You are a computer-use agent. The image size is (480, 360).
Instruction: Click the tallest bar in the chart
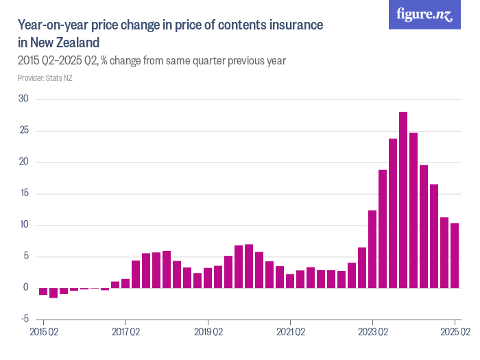(403, 200)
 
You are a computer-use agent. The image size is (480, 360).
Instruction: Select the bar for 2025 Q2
(455, 255)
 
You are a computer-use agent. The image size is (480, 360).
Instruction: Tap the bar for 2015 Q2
(43, 291)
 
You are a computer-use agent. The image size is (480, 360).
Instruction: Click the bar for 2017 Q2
(125, 283)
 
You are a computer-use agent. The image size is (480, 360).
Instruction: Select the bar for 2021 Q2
(290, 280)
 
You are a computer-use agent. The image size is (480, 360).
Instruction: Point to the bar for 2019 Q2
(208, 278)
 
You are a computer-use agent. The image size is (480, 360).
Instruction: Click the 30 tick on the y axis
(23, 99)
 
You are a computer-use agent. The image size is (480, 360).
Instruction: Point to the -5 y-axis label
(23, 319)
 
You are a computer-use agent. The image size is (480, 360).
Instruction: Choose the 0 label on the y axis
(26, 288)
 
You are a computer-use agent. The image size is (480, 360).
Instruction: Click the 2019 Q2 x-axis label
(208, 333)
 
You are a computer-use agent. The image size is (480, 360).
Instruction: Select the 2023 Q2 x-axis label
(372, 333)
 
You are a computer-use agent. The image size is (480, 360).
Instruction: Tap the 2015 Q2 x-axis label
(43, 333)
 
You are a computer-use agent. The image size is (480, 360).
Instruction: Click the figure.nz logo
(424, 15)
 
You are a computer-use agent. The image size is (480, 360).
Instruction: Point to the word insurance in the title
(289, 25)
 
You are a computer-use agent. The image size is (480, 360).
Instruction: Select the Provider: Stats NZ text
(45, 78)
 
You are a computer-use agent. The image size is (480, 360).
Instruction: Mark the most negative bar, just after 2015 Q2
(53, 293)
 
